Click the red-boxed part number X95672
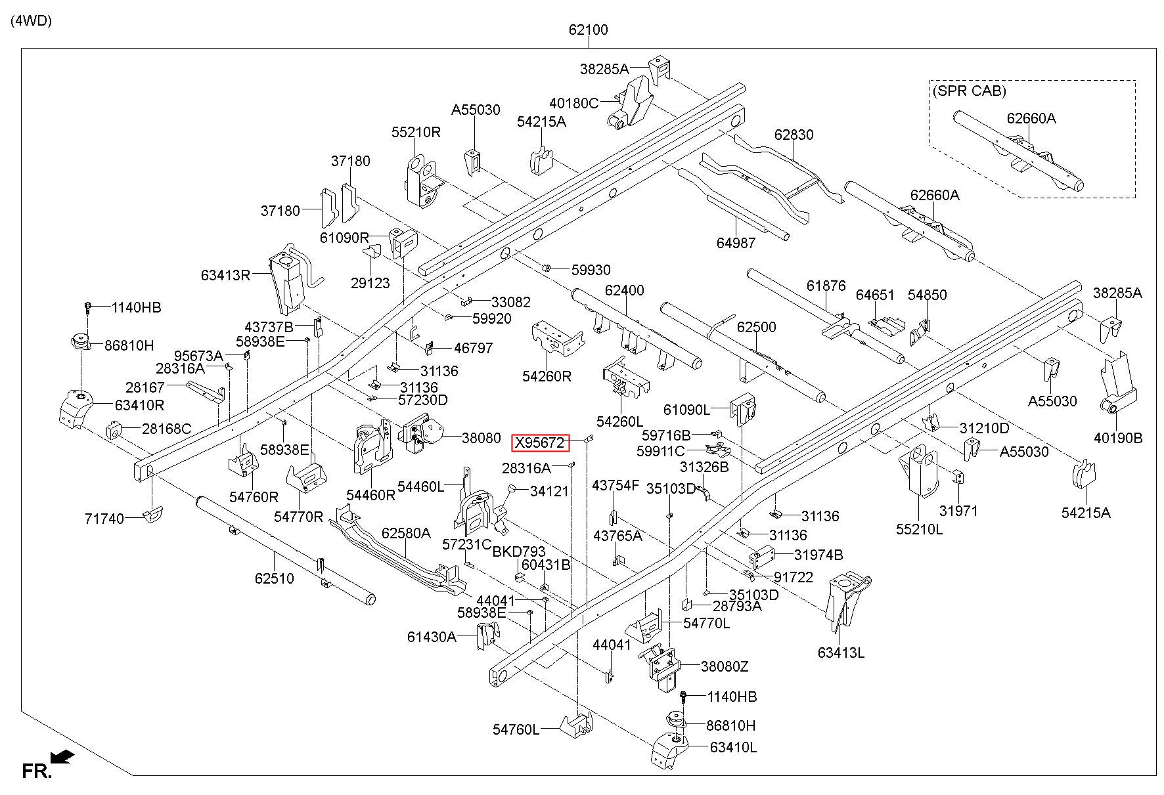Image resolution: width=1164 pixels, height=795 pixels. click(540, 444)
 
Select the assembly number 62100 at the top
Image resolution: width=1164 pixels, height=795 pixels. click(588, 30)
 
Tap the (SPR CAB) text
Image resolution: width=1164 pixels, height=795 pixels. click(969, 91)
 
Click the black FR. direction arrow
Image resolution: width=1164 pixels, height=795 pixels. click(62, 757)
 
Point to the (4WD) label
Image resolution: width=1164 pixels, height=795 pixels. click(31, 20)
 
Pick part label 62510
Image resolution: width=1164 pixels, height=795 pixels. click(275, 578)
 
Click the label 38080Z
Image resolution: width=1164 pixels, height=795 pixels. click(725, 666)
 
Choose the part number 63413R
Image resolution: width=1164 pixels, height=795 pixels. click(226, 275)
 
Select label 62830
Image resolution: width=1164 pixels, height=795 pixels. click(794, 135)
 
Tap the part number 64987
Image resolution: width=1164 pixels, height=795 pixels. click(736, 243)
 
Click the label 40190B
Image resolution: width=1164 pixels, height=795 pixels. click(1118, 438)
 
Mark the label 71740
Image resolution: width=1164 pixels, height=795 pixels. click(104, 519)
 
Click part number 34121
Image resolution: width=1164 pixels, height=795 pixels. click(549, 490)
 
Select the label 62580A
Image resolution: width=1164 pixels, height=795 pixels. click(406, 533)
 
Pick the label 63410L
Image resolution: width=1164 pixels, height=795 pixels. click(732, 747)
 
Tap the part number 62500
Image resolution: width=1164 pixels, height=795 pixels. click(756, 327)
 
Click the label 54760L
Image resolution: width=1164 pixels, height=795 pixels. click(516, 729)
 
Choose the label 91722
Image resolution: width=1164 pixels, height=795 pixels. click(794, 577)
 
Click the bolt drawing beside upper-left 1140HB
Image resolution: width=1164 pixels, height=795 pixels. click(87, 308)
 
